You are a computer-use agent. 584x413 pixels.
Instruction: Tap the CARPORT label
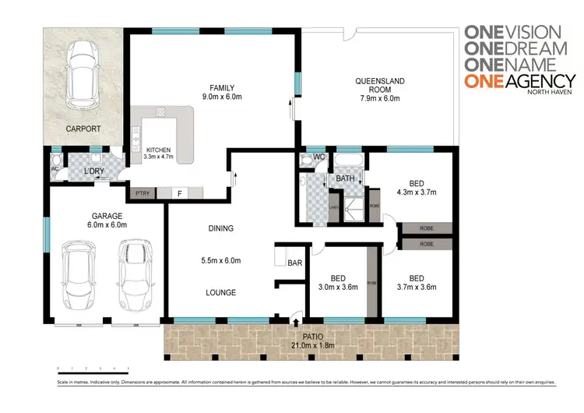point(82,129)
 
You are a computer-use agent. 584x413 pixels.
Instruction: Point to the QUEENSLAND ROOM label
point(378,85)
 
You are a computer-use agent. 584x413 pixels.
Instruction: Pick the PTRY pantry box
point(142,192)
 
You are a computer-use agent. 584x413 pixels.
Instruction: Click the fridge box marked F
point(179,192)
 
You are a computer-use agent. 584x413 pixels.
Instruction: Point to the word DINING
point(221,228)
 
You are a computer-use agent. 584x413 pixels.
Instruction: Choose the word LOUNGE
point(221,292)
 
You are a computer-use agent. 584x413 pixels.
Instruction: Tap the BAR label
point(294,263)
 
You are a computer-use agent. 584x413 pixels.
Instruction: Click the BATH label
point(346,178)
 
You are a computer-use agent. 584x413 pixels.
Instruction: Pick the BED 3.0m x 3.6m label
point(338,282)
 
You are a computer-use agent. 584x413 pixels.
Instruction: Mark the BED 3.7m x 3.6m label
point(417,282)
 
